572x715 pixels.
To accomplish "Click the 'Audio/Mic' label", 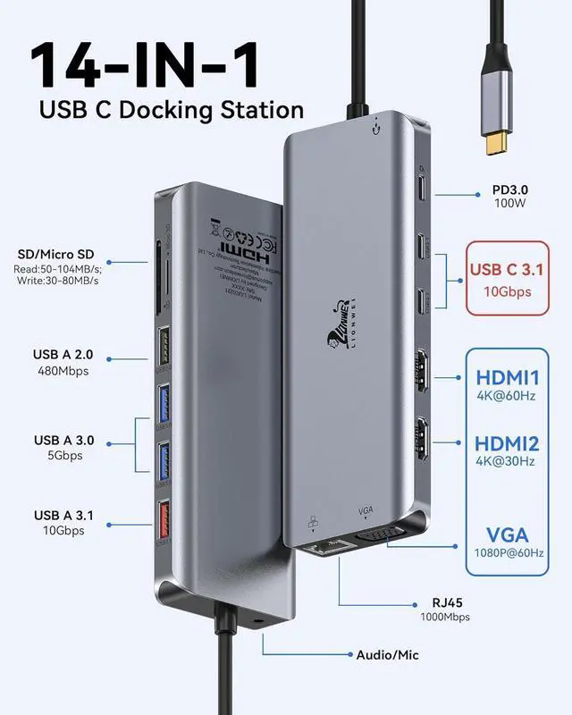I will [386, 655].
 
